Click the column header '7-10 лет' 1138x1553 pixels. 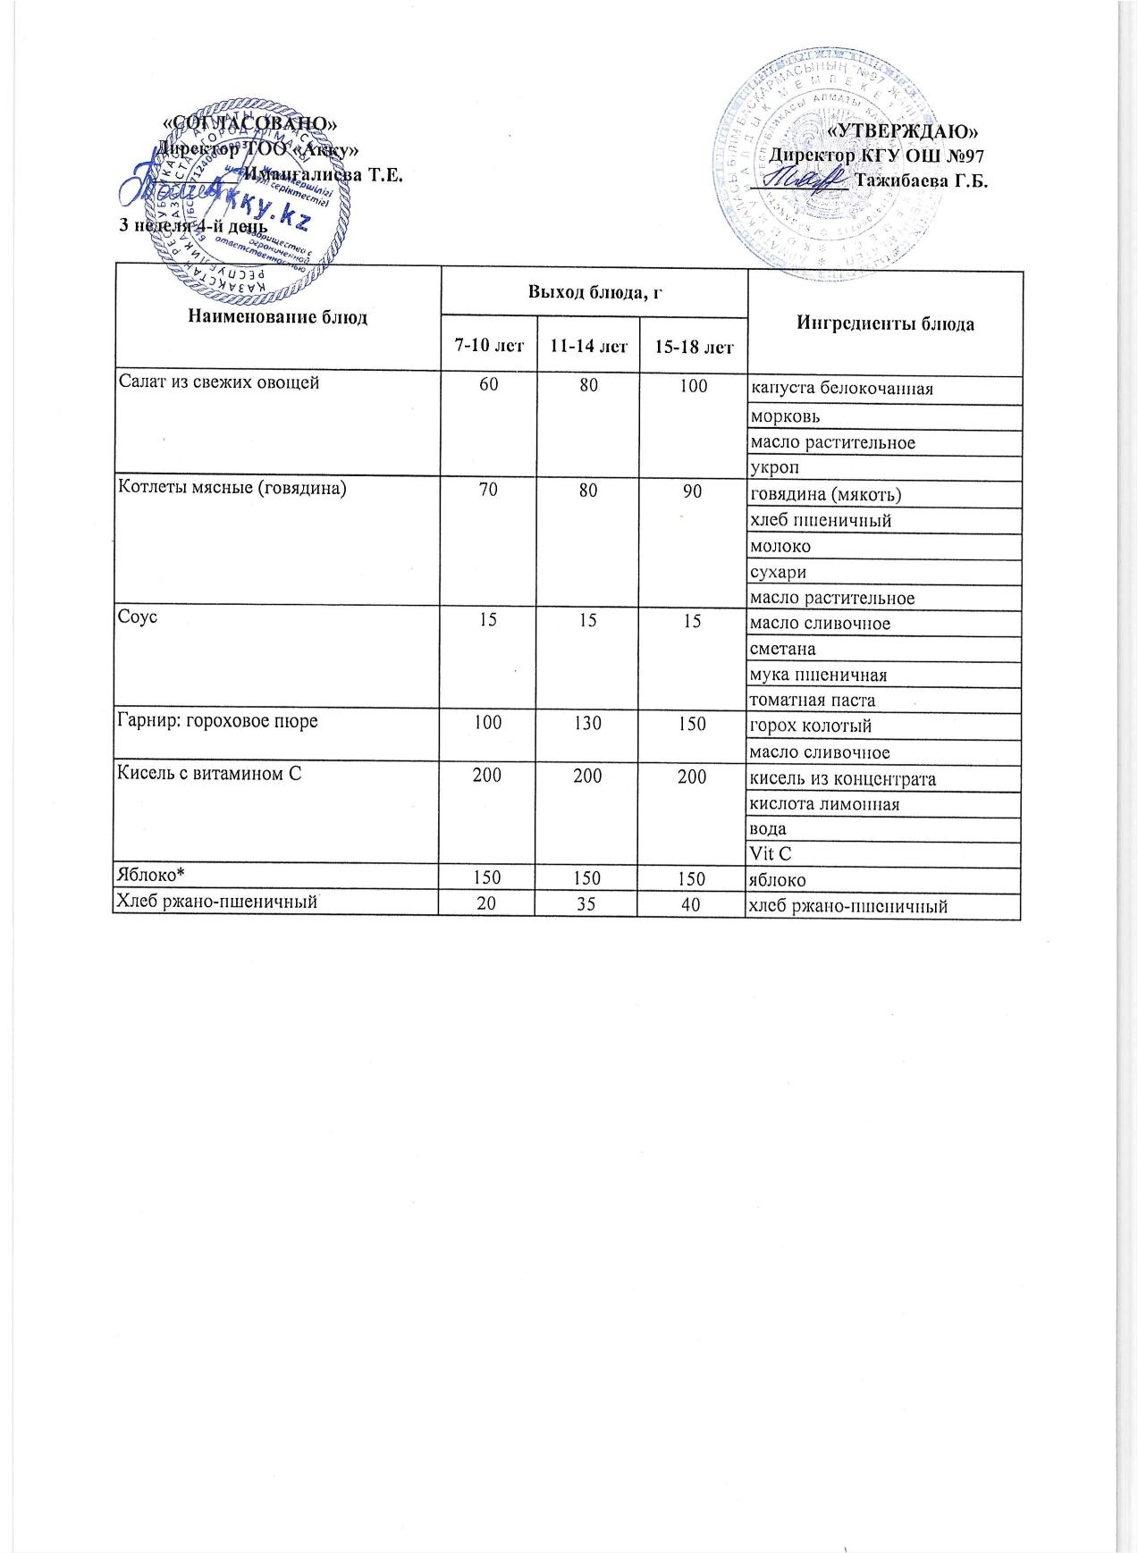coord(486,346)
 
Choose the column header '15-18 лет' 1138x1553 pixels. coord(693,346)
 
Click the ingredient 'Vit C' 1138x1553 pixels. coord(771,856)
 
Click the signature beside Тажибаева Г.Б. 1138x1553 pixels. coord(799,179)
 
